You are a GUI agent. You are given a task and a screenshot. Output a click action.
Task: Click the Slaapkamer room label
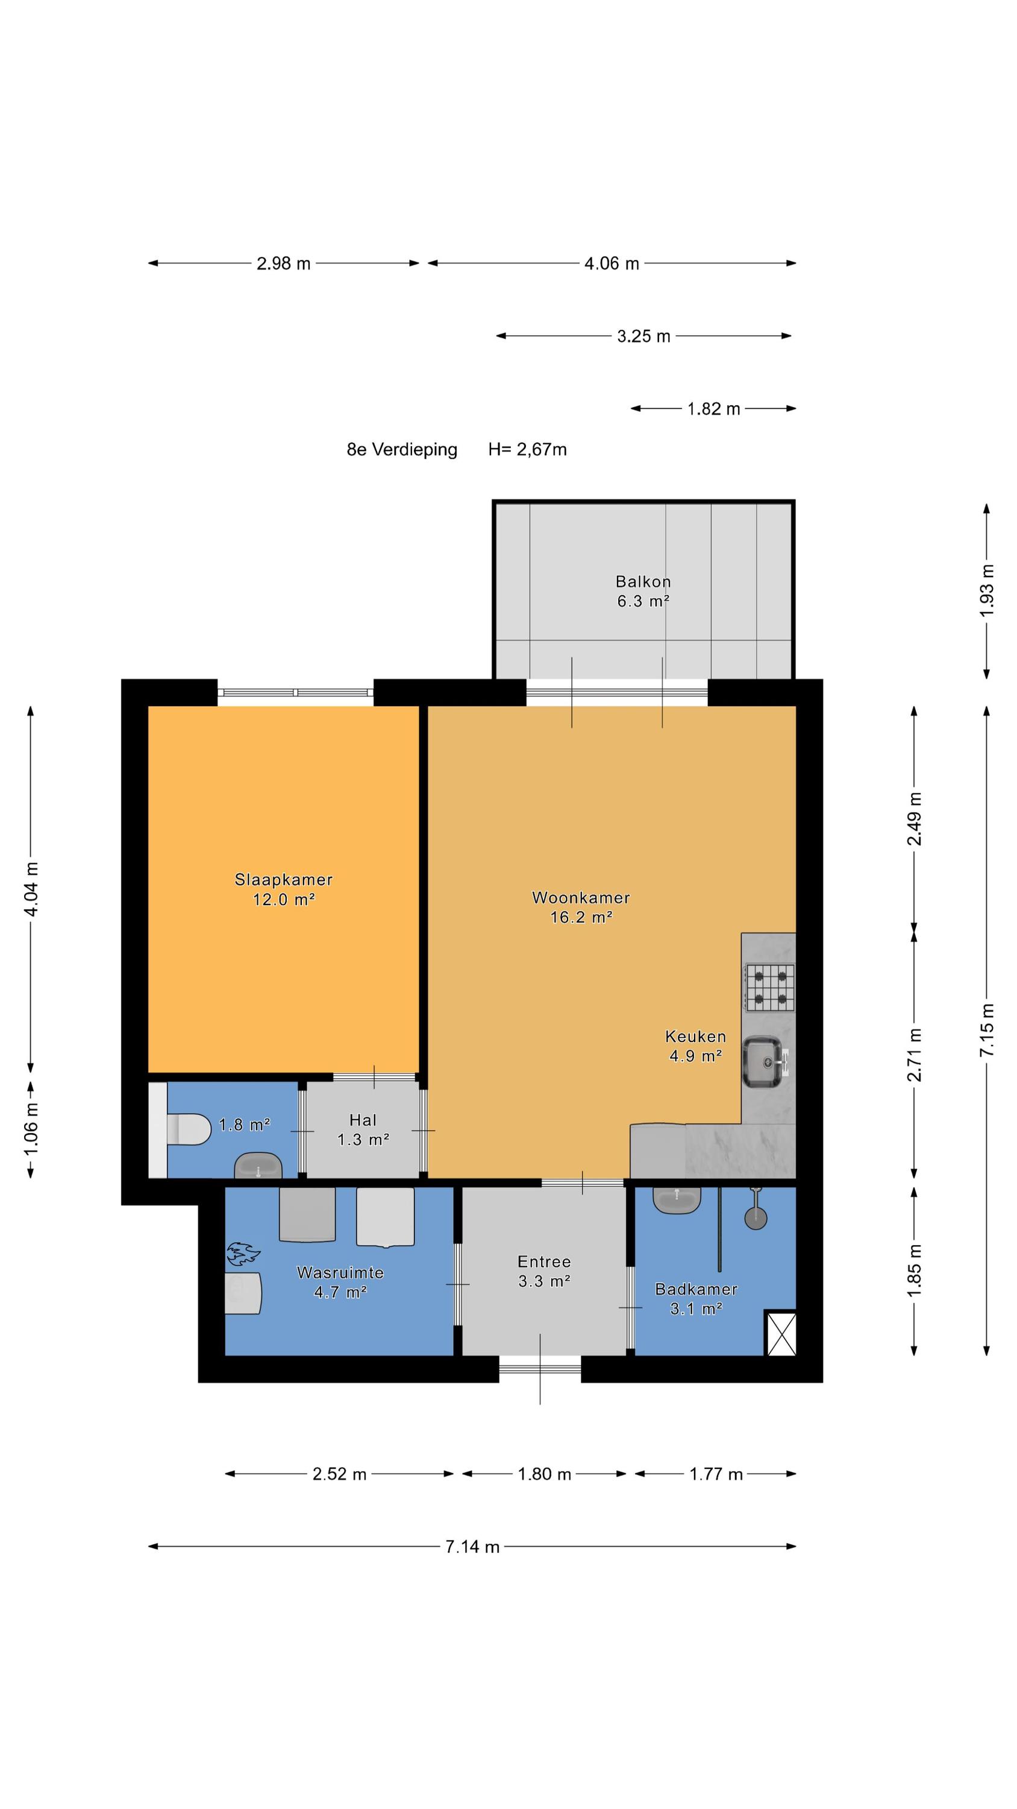tap(284, 879)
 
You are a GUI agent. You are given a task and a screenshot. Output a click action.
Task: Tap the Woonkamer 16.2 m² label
tap(581, 906)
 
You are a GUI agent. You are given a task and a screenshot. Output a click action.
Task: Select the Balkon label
tap(643, 581)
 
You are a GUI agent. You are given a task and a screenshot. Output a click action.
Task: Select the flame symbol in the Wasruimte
tap(243, 1254)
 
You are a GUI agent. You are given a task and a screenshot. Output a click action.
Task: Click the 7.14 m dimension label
tap(472, 1546)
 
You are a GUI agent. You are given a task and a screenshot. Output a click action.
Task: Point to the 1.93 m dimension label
tap(987, 590)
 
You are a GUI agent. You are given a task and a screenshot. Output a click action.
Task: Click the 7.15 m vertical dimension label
tap(987, 1030)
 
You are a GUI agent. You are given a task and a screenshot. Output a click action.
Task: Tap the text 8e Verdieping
tap(402, 449)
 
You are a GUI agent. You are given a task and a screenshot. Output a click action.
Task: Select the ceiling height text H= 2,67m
tap(528, 449)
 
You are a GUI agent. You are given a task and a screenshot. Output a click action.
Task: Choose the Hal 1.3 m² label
tap(363, 1130)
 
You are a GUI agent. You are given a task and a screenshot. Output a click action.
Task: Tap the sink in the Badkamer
tap(677, 1199)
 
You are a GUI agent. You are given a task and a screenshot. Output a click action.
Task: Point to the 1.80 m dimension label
tap(544, 1474)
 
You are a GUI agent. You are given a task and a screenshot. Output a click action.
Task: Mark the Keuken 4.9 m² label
tap(695, 1046)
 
